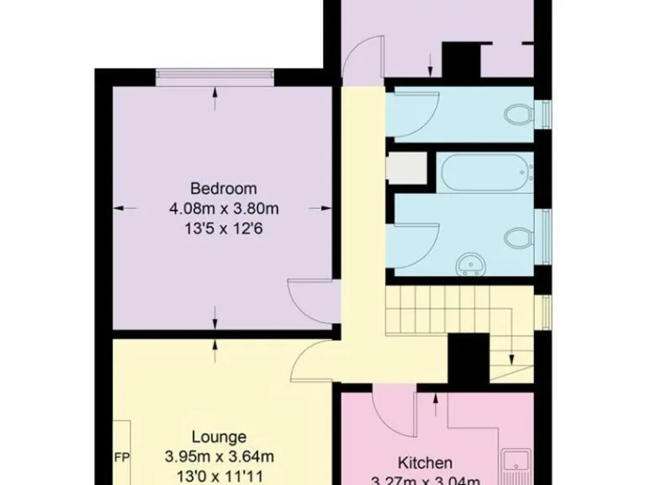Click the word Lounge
coord(219,437)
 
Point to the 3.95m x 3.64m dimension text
coord(219,457)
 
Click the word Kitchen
coord(425,462)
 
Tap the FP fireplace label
coord(121,457)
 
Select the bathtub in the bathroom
coord(486,173)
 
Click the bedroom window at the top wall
coord(214,77)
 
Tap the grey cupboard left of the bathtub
coord(404,168)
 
